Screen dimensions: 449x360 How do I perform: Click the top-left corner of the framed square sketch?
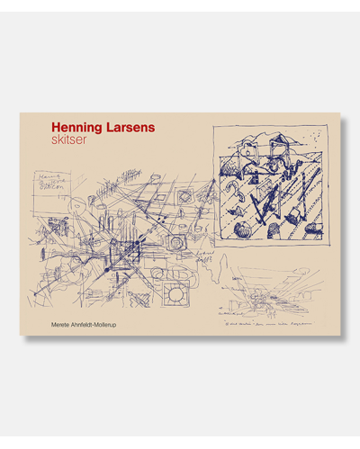[x=214, y=128]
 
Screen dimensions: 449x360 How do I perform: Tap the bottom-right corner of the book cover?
[x=337, y=334]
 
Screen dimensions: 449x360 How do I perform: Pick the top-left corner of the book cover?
[x=21, y=113]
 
